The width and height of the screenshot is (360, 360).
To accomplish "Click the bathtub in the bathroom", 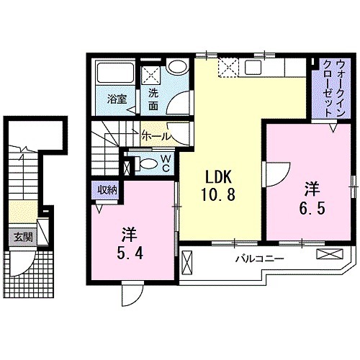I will tap(115, 75).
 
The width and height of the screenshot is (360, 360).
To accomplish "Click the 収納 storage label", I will tap(108, 189).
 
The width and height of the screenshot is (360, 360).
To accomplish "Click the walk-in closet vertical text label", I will tap(328, 83).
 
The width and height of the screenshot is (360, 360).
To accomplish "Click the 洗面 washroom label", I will tap(154, 99).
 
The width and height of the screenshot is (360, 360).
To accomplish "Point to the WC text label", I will tap(165, 163).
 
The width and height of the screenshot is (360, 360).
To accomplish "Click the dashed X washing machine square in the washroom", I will tap(151, 75).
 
